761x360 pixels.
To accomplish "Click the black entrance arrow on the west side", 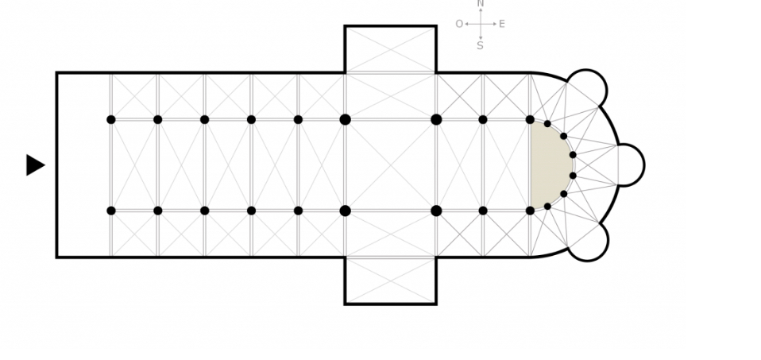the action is [x=34, y=165].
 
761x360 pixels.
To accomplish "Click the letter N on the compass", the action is [x=481, y=4].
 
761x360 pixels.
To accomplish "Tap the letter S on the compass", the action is [x=480, y=45].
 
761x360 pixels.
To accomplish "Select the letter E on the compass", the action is [x=502, y=24].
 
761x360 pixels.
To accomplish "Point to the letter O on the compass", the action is [x=459, y=24].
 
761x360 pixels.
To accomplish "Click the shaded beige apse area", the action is [x=549, y=165].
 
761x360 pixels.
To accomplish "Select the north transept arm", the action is [x=390, y=49].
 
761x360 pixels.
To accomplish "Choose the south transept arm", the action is [x=390, y=281].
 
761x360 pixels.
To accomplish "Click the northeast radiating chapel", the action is [x=587, y=89].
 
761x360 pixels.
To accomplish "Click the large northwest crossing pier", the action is [x=345, y=119].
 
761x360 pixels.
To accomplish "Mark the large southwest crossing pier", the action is [x=345, y=211].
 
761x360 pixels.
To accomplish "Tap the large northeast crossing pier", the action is [x=436, y=119].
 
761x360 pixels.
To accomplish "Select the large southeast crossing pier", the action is [x=436, y=211].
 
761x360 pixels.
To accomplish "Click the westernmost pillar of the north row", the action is [x=111, y=119].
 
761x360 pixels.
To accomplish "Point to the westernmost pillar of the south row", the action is [x=111, y=211].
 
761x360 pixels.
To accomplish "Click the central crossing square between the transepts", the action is [x=390, y=165].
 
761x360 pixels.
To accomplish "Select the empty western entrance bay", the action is [x=83, y=165].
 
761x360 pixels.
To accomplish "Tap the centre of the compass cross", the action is [x=481, y=24].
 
